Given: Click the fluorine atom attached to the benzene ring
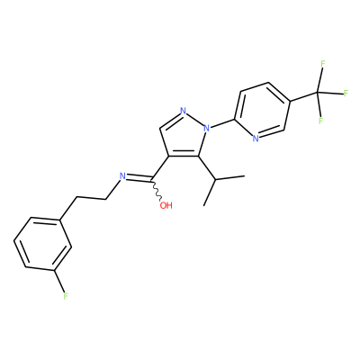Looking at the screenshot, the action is point(66,296).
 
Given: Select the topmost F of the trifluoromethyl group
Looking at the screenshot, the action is point(323,64).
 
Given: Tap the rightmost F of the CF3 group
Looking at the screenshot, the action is point(346,93).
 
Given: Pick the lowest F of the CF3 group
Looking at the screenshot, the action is point(320,121).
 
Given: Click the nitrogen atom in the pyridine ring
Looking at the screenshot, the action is point(256,139).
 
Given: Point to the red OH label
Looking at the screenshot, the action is point(166,205).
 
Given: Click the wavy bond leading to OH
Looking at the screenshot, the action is point(157,190).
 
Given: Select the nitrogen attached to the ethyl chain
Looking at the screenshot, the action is point(122,176).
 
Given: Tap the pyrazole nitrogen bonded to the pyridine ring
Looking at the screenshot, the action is point(206,128).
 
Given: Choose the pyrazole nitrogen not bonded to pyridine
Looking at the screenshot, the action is point(184,110).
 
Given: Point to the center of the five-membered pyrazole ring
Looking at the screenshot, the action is point(184,136).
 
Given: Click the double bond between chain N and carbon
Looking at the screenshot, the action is point(139,179).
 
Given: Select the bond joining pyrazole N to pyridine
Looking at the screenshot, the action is point(222,124).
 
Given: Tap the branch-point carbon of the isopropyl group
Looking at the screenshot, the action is point(215,180).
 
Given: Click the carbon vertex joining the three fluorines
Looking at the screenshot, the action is point(317,92).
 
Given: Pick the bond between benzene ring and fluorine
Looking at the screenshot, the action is point(59,280).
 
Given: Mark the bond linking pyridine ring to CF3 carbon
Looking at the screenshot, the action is point(303,96).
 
